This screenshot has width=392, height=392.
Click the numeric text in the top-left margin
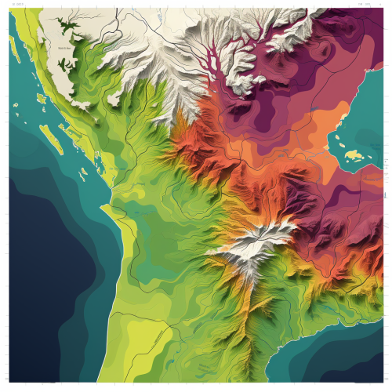pos(17,5)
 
